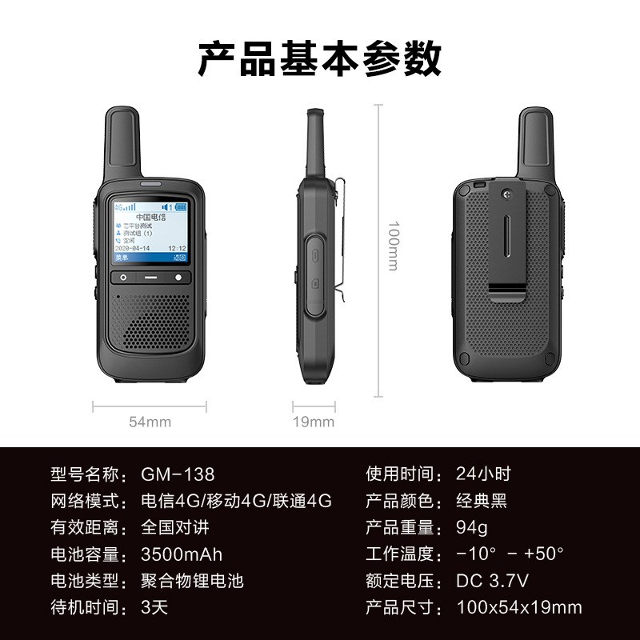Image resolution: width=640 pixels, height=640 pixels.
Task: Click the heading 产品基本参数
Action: pyautogui.click(x=320, y=60)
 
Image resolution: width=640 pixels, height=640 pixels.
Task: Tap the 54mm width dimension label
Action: pyautogui.click(x=150, y=422)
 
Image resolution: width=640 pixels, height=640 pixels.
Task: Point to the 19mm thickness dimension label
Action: pyautogui.click(x=313, y=422)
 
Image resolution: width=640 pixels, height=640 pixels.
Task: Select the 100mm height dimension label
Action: pyautogui.click(x=393, y=246)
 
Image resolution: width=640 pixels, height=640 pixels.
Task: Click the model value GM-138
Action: pyautogui.click(x=178, y=474)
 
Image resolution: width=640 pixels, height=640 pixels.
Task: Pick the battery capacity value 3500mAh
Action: pyautogui.click(x=182, y=554)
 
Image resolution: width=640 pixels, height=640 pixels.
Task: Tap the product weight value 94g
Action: pyautogui.click(x=472, y=527)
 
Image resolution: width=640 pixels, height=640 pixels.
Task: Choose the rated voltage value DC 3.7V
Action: pyautogui.click(x=493, y=580)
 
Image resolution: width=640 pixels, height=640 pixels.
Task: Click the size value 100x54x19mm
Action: pyautogui.click(x=519, y=607)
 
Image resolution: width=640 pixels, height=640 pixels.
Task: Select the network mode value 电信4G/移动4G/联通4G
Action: pyautogui.click(x=236, y=502)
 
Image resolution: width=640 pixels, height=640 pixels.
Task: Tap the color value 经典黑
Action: pyautogui.click(x=482, y=502)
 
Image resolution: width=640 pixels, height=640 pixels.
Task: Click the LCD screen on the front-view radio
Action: pyautogui.click(x=150, y=230)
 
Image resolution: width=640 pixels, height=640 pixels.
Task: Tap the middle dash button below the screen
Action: pyautogui.click(x=150, y=278)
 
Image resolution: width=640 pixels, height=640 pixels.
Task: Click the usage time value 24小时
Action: pyautogui.click(x=483, y=474)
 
